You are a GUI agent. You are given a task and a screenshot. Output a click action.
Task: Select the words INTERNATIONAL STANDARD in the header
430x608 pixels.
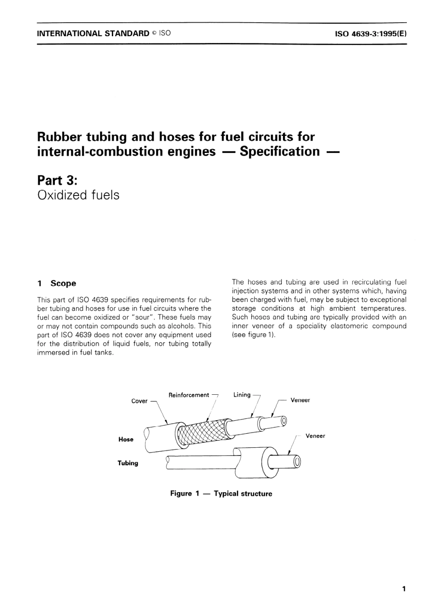pyautogui.click(x=93, y=34)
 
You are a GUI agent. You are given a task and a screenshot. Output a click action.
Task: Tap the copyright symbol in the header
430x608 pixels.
pyautogui.click(x=154, y=34)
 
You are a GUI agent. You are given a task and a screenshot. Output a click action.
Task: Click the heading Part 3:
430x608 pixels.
pyautogui.click(x=57, y=180)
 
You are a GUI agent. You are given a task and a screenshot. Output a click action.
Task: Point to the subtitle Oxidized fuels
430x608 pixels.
pyautogui.click(x=78, y=195)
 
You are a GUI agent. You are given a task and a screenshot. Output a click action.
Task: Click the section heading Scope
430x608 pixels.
pyautogui.click(x=63, y=283)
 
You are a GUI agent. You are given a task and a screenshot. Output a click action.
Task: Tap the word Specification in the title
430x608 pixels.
pyautogui.click(x=280, y=151)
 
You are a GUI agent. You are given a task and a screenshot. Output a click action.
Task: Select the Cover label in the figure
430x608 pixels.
pyautogui.click(x=139, y=401)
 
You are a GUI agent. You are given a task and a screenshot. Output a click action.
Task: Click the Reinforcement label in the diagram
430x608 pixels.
pyautogui.click(x=189, y=395)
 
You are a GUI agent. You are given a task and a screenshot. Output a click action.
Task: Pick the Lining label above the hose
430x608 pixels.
pyautogui.click(x=242, y=395)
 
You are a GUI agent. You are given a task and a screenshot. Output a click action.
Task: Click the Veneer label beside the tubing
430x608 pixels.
pyautogui.click(x=315, y=436)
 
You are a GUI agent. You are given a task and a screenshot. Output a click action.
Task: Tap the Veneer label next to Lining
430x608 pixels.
pyautogui.click(x=300, y=400)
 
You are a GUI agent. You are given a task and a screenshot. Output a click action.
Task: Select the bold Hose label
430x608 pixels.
pyautogui.click(x=126, y=440)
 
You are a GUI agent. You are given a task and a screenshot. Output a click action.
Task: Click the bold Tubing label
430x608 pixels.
pyautogui.click(x=128, y=463)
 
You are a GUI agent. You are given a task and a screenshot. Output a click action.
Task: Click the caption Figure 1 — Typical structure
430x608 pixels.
pyautogui.click(x=221, y=493)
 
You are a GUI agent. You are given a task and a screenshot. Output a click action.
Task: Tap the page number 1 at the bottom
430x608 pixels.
pyautogui.click(x=404, y=589)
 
